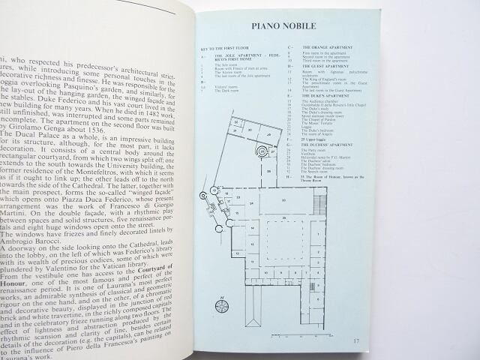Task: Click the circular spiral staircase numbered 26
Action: tap(262, 151)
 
